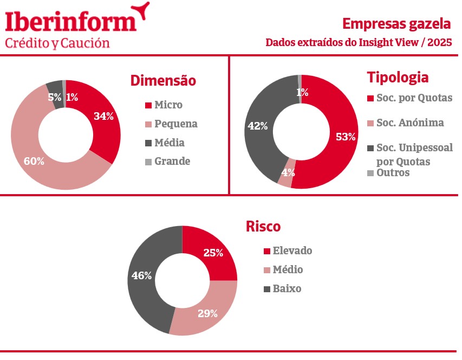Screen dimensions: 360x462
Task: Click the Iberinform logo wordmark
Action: [x=70, y=22]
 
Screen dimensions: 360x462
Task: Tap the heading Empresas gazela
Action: [x=396, y=24]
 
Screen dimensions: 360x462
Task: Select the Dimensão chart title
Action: [x=163, y=81]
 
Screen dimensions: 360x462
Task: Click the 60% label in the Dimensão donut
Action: [x=34, y=161]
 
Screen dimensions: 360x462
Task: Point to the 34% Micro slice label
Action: [x=103, y=116]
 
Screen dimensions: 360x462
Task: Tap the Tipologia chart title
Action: [x=398, y=78]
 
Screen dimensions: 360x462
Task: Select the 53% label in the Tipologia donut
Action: [x=346, y=137]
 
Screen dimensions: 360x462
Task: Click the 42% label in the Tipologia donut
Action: [x=258, y=126]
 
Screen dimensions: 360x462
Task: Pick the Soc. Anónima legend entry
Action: [x=409, y=123]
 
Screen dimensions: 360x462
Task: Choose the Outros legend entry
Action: [x=393, y=172]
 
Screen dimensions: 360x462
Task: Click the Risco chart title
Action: [x=263, y=226]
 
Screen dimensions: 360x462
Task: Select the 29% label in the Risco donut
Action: [x=207, y=313]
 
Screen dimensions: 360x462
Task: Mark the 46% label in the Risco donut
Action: [x=141, y=275]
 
